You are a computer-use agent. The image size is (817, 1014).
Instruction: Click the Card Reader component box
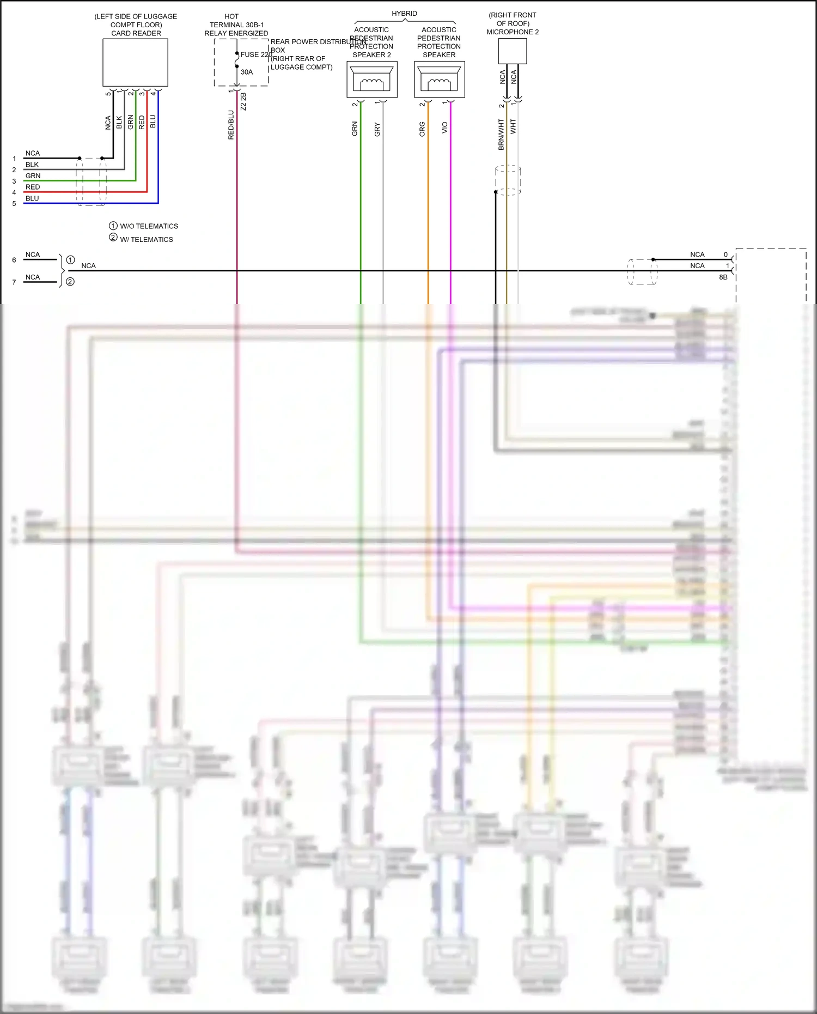(135, 63)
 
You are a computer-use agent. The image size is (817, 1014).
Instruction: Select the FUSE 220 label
(256, 54)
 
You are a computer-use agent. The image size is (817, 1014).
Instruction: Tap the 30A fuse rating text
(247, 72)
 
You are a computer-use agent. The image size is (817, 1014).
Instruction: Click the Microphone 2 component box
(513, 51)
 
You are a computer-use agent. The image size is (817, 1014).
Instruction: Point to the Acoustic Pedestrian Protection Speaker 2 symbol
(372, 80)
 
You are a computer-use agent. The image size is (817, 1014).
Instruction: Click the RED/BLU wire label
(231, 125)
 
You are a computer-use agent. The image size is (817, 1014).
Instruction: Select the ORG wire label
(422, 129)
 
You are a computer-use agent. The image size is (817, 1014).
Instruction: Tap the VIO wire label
(445, 127)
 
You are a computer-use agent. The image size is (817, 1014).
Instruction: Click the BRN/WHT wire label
(501, 135)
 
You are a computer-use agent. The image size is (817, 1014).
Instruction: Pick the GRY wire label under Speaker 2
(377, 130)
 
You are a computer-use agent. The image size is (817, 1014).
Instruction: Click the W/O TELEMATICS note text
(149, 226)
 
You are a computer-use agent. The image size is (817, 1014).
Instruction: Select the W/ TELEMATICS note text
(146, 240)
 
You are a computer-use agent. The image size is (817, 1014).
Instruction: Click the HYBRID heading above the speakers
(404, 14)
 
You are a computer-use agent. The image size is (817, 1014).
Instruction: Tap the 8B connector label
(723, 277)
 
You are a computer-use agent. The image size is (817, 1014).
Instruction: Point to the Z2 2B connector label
(243, 102)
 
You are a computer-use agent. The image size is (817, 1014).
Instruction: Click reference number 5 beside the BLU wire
(14, 204)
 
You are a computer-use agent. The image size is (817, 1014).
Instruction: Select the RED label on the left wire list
(33, 187)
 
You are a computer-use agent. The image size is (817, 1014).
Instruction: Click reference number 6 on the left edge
(14, 260)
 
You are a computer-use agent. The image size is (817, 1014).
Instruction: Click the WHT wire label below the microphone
(513, 127)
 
